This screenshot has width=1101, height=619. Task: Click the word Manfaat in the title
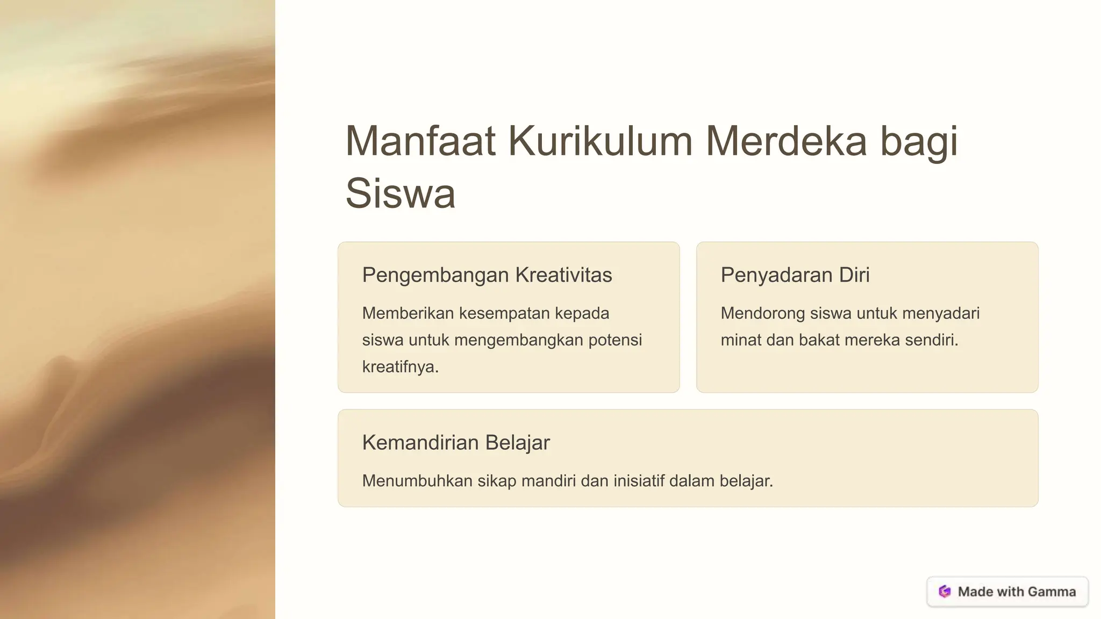pyautogui.click(x=420, y=141)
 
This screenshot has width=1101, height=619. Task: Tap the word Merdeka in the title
pyautogui.click(x=786, y=141)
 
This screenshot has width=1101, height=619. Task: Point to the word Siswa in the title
pyautogui.click(x=400, y=193)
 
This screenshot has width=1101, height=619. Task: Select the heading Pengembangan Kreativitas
pyautogui.click(x=487, y=275)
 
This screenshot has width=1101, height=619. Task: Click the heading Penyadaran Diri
pyautogui.click(x=795, y=275)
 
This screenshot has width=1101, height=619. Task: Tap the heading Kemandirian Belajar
pyautogui.click(x=456, y=443)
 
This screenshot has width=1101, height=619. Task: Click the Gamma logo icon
pyautogui.click(x=945, y=592)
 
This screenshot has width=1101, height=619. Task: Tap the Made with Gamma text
pyautogui.click(x=1017, y=592)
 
